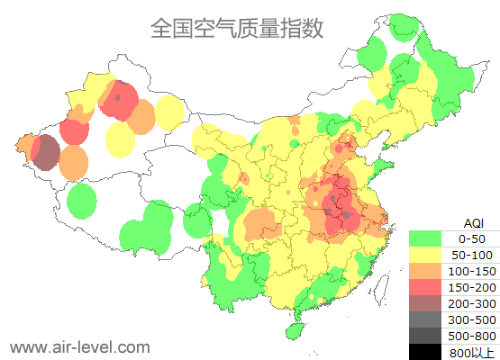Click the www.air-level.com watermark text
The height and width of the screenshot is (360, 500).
79,346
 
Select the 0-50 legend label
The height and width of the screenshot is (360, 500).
471,238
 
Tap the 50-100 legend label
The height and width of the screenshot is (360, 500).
471,255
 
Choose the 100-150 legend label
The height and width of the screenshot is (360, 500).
471,271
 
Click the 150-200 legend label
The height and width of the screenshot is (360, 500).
471,287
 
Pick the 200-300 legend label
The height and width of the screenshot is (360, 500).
471,303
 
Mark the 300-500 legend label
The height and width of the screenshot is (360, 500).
471,319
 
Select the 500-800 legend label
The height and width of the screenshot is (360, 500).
471,336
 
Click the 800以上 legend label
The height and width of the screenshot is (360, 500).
471,352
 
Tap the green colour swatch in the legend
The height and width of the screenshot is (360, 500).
425,238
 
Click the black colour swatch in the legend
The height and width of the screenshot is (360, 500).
425,352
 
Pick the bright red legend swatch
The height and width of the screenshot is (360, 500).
425,287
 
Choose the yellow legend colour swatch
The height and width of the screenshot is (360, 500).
425,255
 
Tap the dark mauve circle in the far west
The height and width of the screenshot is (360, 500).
46,153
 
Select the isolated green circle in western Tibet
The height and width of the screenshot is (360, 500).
82,200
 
